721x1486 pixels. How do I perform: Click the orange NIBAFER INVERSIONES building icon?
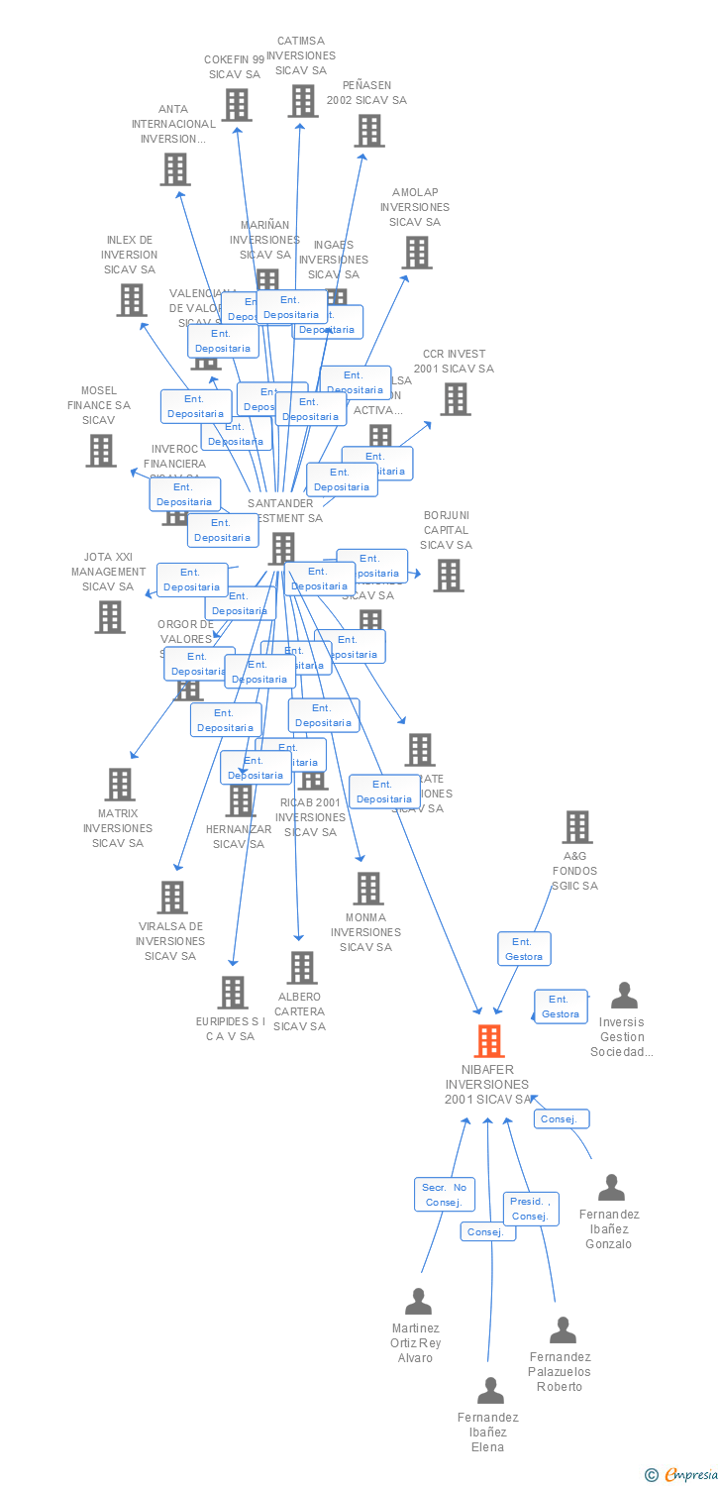point(488,1041)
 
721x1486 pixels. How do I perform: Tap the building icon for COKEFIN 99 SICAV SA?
point(236,105)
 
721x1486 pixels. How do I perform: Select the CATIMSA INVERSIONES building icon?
point(303,101)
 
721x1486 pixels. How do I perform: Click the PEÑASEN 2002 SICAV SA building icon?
point(368,131)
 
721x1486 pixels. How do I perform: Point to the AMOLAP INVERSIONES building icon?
point(416,253)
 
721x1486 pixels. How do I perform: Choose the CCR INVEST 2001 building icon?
point(455,399)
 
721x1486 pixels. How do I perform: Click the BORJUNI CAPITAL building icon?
point(448,576)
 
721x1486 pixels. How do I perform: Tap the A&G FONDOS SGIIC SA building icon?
point(576,827)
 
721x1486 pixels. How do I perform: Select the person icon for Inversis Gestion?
point(624,996)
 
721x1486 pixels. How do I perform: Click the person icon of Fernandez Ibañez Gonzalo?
point(611,1188)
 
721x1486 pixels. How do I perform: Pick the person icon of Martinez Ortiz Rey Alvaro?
point(418,1302)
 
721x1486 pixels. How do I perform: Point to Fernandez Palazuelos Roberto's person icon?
point(563,1330)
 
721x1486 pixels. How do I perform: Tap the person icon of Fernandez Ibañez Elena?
point(490,1391)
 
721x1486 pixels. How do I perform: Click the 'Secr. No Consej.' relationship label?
point(444,1195)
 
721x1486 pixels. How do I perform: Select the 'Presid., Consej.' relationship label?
point(531,1209)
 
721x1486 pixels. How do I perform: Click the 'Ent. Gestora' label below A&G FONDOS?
point(524,949)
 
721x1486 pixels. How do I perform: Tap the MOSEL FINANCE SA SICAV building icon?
point(101,451)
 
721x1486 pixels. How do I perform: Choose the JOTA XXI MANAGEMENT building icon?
point(109,617)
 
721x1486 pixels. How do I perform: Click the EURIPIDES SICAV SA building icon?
point(233,993)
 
